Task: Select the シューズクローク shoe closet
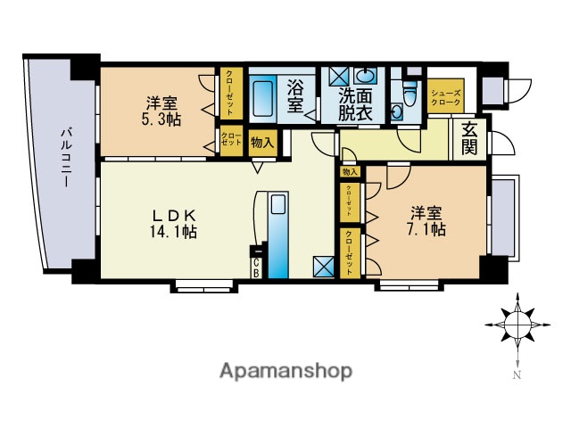(x=445, y=96)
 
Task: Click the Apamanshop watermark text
(x=285, y=371)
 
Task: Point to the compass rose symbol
(x=517, y=326)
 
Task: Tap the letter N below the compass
(x=517, y=375)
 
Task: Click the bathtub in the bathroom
(x=264, y=99)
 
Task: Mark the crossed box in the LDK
(x=324, y=267)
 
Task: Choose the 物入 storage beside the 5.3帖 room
(x=262, y=141)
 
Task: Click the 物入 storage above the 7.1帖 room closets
(x=349, y=171)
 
